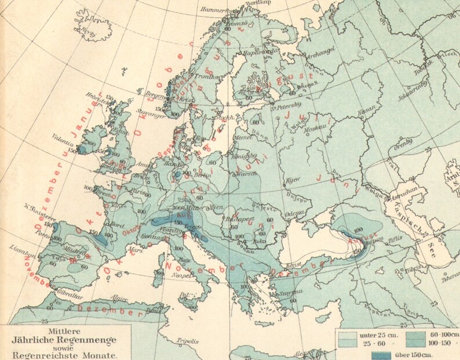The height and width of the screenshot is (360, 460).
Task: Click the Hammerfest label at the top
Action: click(x=216, y=10)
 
